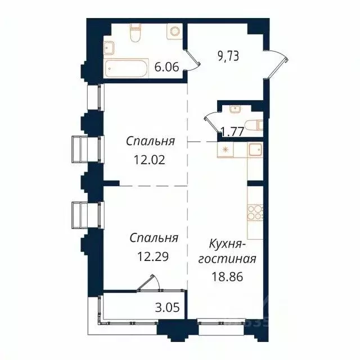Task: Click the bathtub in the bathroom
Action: tap(126, 68)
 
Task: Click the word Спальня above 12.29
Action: tap(154, 238)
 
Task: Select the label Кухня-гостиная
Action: tap(232, 252)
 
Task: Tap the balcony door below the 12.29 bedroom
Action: tap(152, 283)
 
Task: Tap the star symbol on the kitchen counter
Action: tap(226, 150)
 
